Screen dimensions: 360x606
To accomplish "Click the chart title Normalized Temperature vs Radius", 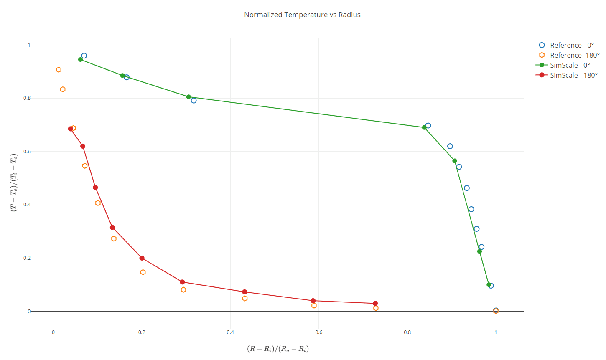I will coord(302,15).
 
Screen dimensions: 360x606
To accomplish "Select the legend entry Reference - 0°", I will coord(571,45).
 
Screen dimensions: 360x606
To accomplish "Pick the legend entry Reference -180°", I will coord(574,55).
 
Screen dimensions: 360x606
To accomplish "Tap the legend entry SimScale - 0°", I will coord(570,65).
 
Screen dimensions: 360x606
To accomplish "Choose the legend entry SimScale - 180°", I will coord(573,75).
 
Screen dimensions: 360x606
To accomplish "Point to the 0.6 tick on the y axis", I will coord(27,152).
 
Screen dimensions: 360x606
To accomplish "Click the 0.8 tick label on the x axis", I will coord(407,332).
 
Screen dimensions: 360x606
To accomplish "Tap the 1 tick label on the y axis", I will coord(29,45).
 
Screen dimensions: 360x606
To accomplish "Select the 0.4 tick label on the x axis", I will coord(230,332).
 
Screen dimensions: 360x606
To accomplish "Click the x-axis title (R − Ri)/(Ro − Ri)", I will coord(278,349).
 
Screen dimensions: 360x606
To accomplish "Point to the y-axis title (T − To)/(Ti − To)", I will coord(13,183).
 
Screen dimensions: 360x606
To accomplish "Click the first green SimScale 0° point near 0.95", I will coord(81,59).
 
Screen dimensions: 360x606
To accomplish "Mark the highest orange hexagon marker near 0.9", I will coord(59,70).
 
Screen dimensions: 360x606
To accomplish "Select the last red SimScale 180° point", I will coord(375,304).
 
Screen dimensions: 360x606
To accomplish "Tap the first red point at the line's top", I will coord(70,129).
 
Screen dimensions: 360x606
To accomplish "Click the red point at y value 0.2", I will coord(142,258).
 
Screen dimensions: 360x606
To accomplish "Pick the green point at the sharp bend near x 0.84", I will coord(424,128).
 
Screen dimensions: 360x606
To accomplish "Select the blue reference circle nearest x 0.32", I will coord(194,101).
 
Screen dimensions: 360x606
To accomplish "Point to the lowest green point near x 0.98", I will coord(489,285).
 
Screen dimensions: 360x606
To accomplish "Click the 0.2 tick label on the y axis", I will coord(27,258).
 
